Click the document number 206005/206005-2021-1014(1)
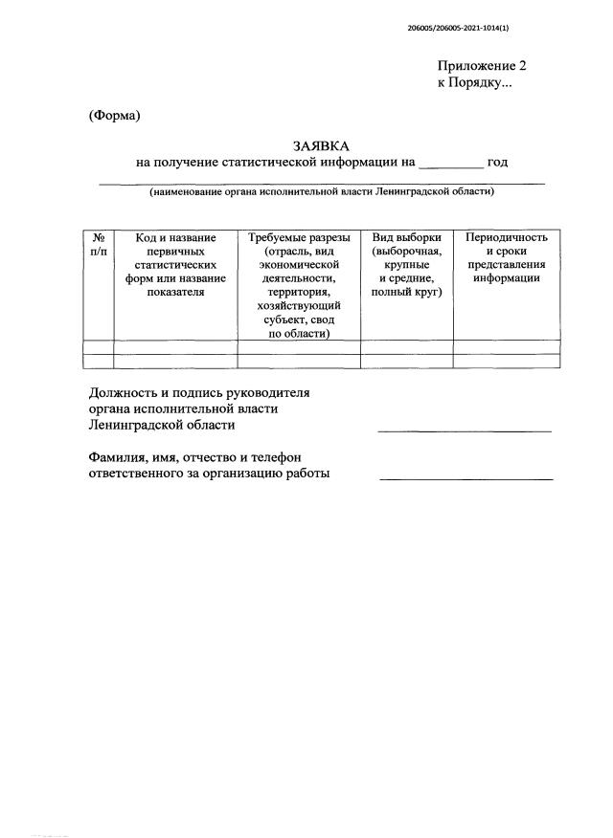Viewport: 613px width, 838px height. pos(458,29)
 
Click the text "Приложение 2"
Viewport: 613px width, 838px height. pos(482,67)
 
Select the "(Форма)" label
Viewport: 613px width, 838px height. pos(114,116)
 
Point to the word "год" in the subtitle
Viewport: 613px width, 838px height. pos(497,163)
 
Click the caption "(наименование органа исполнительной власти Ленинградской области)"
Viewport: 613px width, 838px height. pos(321,191)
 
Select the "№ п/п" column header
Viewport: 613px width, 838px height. pos(99,243)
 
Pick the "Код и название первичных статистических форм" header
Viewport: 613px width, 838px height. pos(175,265)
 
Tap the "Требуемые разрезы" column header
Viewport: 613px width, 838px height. pos(299,237)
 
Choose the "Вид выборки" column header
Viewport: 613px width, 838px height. pos(406,237)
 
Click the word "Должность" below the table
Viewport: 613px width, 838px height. pos(123,392)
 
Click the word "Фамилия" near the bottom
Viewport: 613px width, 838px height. pos(119,457)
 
